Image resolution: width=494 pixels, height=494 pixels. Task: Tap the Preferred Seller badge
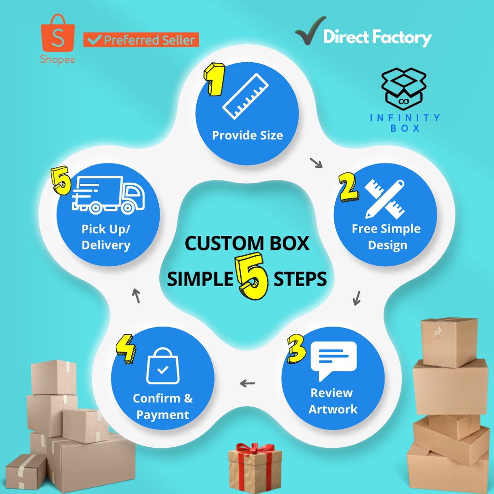[141, 40]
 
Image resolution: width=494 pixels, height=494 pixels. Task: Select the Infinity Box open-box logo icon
[404, 88]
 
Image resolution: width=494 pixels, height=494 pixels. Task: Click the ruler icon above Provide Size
[245, 96]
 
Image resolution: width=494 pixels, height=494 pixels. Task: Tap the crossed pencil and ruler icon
[384, 199]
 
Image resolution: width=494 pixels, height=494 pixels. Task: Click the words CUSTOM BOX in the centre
[247, 243]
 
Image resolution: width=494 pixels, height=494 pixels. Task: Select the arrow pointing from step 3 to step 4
[247, 384]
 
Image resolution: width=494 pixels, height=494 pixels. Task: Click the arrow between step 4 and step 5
[136, 295]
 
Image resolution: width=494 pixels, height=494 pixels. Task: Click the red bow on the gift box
[255, 449]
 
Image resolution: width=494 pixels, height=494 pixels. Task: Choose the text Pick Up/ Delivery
[106, 236]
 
